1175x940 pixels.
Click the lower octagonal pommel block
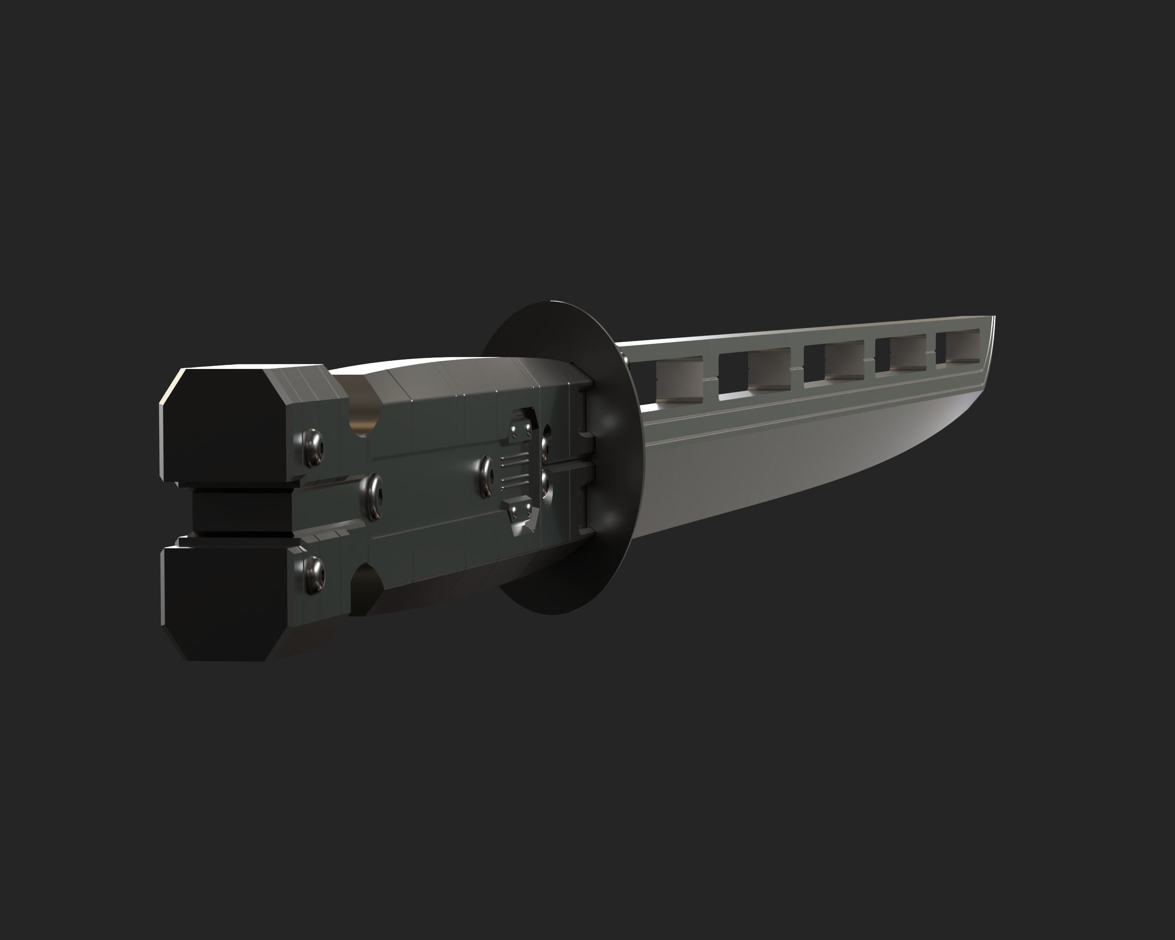[223, 602]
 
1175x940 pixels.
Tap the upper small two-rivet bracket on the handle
[520, 430]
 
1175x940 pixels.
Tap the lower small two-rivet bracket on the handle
[520, 510]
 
